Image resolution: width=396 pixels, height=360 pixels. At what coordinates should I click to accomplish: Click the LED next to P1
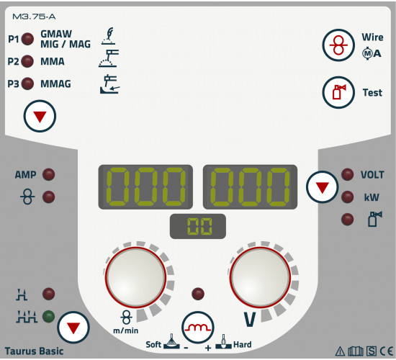coord(27,39)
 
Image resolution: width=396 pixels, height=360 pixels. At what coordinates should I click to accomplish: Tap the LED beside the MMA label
coord(27,61)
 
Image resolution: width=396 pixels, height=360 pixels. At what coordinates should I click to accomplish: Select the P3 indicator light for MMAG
coord(27,84)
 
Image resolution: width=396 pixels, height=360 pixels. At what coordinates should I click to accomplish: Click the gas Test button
coord(338,92)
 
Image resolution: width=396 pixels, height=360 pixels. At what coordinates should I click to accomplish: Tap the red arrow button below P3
coord(40,116)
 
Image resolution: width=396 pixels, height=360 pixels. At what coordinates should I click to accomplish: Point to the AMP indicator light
coord(48,174)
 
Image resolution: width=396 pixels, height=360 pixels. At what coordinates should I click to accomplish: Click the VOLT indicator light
coord(348,174)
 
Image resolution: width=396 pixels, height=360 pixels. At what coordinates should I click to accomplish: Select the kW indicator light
coord(348,197)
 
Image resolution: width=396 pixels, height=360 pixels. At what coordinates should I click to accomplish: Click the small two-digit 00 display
coord(198,226)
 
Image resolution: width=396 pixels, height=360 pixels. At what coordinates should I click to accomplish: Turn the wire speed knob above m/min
coord(135,277)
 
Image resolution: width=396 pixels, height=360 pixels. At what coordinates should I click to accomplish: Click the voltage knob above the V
coord(260,277)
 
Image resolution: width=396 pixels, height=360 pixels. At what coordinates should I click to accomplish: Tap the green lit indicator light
coord(48,317)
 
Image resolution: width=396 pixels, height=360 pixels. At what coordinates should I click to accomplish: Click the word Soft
coord(153,345)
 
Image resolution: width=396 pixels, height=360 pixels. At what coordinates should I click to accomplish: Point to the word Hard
coord(243,345)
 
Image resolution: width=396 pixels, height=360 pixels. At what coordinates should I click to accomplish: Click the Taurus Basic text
coord(34,351)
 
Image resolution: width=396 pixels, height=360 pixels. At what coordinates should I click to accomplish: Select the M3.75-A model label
coord(34,17)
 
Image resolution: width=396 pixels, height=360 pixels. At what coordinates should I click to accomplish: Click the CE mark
coord(387,351)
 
